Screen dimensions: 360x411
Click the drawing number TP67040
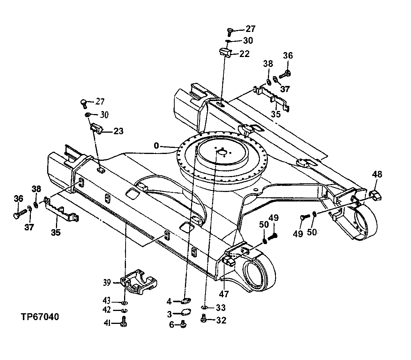tap(35, 317)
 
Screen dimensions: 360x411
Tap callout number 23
tap(118, 131)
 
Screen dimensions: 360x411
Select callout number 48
tap(377, 175)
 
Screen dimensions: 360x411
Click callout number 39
tap(107, 282)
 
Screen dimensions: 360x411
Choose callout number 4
tap(169, 302)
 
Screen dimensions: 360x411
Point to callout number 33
tap(221, 308)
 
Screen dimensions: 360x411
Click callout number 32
tap(221, 320)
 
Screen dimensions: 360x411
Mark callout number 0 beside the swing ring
tap(156, 146)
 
